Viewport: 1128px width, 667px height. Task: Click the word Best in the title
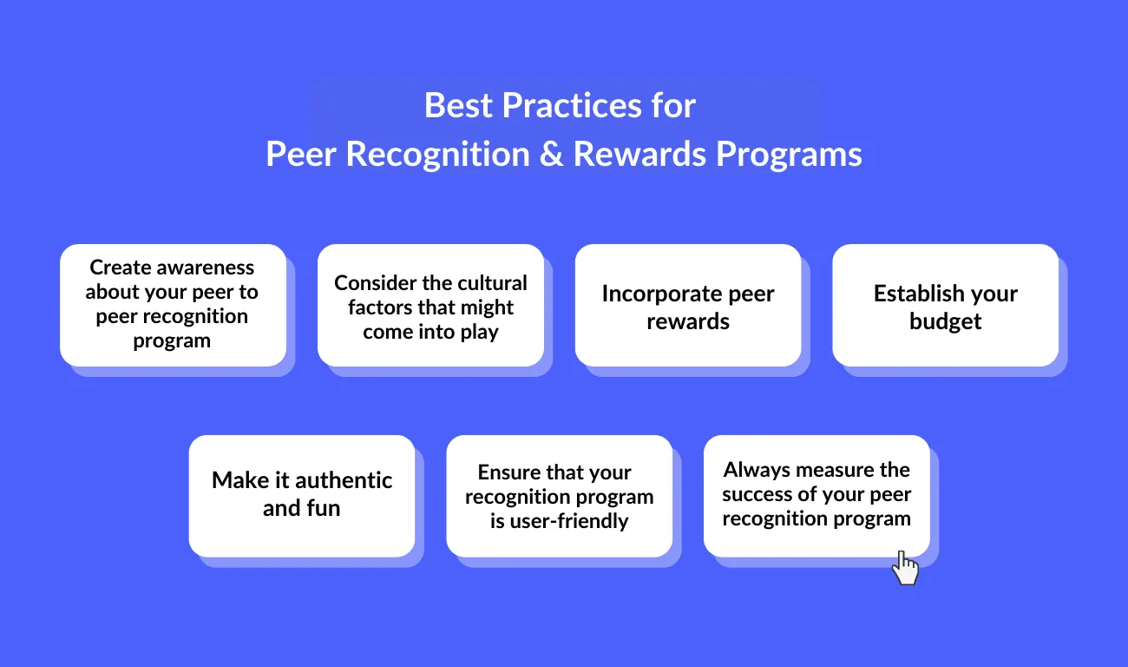coord(458,105)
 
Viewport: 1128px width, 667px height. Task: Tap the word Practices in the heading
coord(572,105)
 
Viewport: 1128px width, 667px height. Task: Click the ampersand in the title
coord(551,154)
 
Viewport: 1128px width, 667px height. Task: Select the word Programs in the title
coord(789,155)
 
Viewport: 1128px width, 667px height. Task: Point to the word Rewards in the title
coord(639,154)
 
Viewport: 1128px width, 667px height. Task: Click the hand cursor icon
coord(905,568)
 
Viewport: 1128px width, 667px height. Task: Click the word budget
coord(945,321)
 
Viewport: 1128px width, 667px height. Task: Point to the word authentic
coord(344,480)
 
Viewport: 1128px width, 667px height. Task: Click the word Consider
coord(372,283)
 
